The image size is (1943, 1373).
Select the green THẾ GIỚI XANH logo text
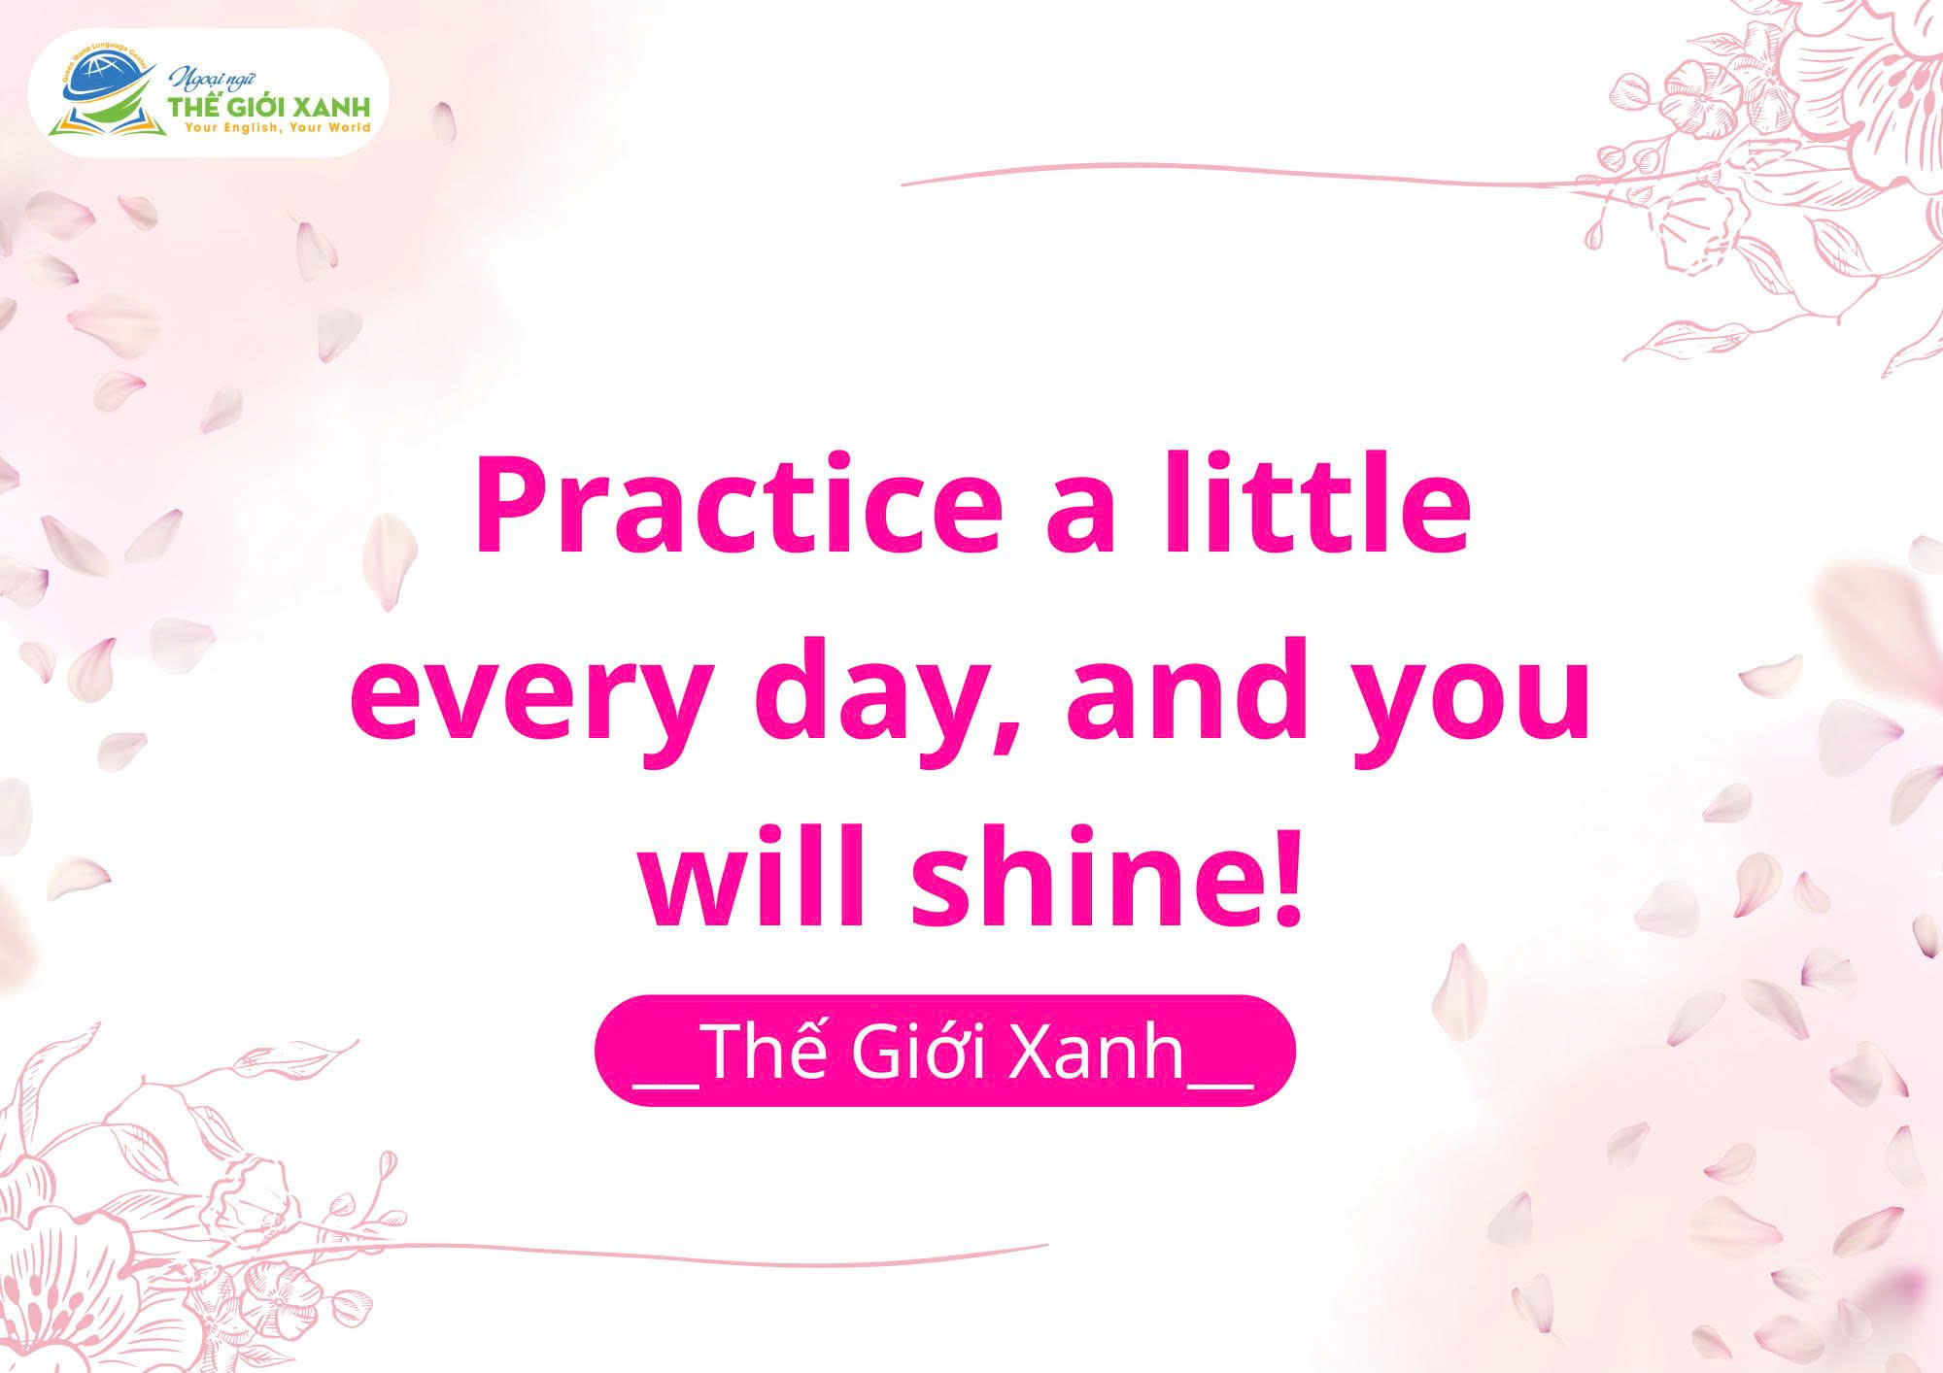click(269, 106)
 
